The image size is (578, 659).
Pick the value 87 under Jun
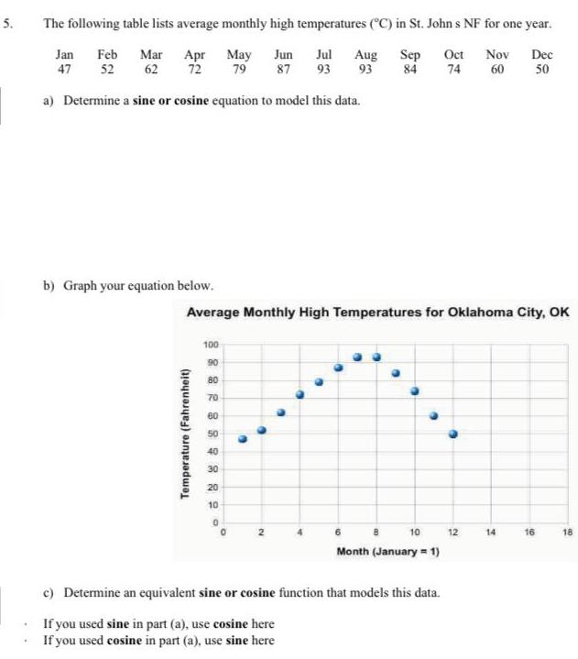coord(284,69)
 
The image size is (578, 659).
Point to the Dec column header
coord(541,55)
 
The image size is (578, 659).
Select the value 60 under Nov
coord(498,69)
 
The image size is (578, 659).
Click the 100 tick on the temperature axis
coord(210,344)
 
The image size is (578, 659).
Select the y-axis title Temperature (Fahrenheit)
coord(185,433)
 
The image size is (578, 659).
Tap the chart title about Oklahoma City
coord(377,313)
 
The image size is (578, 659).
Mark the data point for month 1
coord(242,439)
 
